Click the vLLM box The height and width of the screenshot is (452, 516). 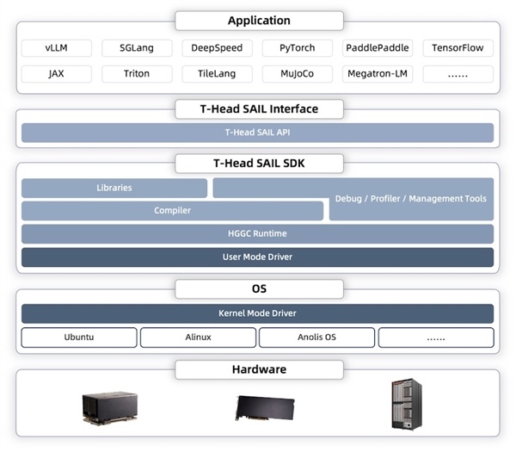coord(56,48)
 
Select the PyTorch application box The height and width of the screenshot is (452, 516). coord(298,48)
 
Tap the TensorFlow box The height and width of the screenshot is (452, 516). coord(458,48)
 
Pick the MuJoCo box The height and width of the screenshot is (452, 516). coord(298,74)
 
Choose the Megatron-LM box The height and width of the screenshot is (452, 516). coord(378,74)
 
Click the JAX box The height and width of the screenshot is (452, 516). coord(56,74)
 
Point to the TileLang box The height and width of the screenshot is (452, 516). coord(217,74)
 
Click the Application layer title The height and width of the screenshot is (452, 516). coord(259,21)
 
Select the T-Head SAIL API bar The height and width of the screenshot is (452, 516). coord(257,133)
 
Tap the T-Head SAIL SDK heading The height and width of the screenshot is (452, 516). coord(259,164)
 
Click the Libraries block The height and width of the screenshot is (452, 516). coord(114,188)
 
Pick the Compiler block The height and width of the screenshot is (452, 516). coord(173,211)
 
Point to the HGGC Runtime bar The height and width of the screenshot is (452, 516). coord(257,234)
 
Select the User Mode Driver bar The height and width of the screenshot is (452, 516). coord(257,257)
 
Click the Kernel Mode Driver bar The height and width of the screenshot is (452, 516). coord(257,313)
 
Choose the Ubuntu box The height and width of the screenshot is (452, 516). coord(79,337)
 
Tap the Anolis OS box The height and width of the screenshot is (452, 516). coord(316,337)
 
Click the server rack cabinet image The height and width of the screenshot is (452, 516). coord(407,405)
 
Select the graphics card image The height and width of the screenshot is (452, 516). coord(265,408)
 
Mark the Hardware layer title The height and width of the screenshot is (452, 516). coord(259,369)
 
